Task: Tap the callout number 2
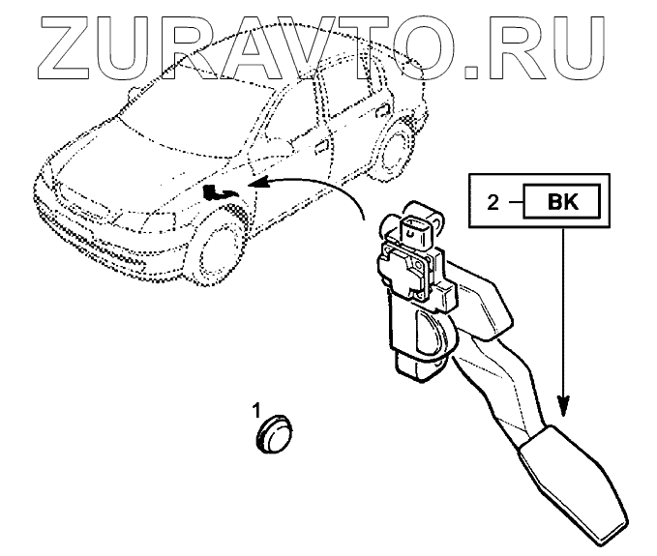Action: pos(493,203)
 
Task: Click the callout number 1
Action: pos(257,408)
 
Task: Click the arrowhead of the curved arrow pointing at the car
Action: pos(251,183)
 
